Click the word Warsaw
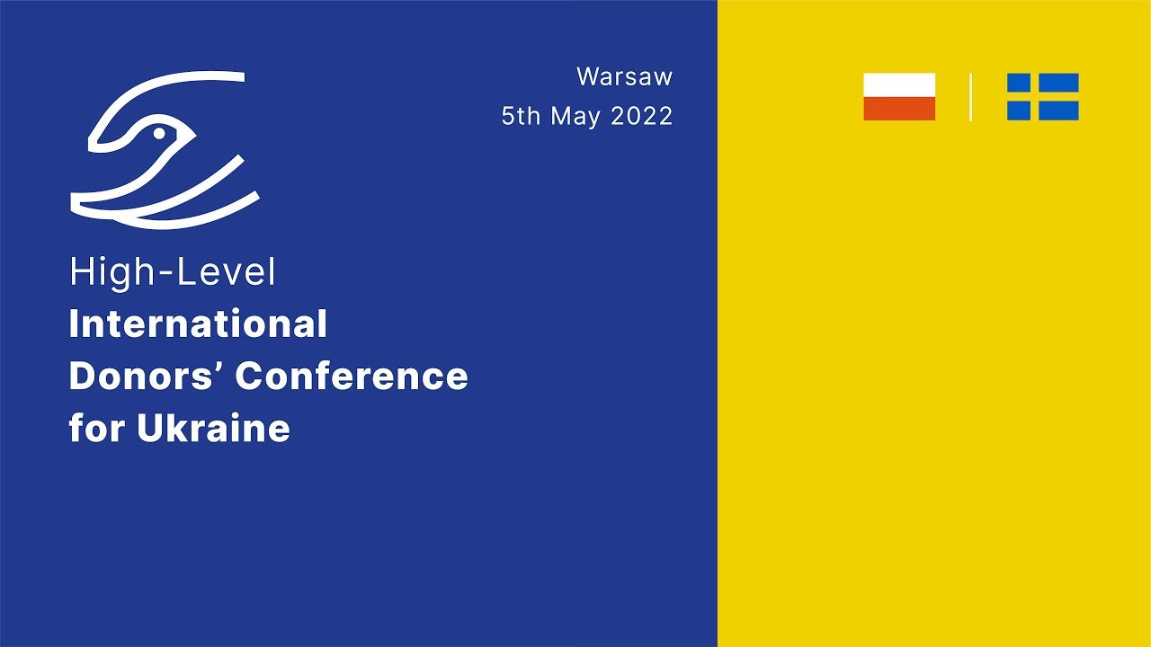click(x=624, y=77)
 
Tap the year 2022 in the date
click(x=642, y=116)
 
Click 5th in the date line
click(x=521, y=116)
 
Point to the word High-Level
click(x=173, y=273)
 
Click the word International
click(x=198, y=323)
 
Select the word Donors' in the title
click(x=148, y=376)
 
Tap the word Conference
click(x=352, y=376)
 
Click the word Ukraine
click(x=213, y=427)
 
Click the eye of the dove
click(x=159, y=134)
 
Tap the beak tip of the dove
click(x=195, y=137)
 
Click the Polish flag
click(x=899, y=96)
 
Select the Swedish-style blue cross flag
click(x=1042, y=96)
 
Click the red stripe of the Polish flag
click(x=899, y=109)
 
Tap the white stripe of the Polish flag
click(x=899, y=84)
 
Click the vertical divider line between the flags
click(x=970, y=97)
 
